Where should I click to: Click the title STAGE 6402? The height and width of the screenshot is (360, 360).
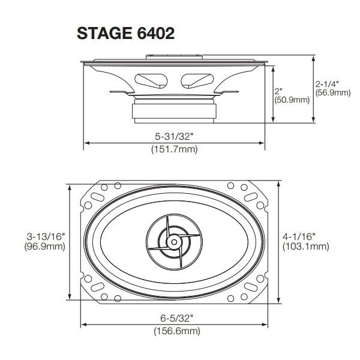pos(125,33)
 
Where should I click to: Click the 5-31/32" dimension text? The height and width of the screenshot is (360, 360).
pos(174,136)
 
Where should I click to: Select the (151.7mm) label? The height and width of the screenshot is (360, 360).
pos(174,149)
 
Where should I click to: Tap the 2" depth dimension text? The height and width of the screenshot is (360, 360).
pos(278,91)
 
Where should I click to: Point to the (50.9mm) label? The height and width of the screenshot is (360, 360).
pos(292,100)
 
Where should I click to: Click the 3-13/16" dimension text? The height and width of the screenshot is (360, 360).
pos(45,236)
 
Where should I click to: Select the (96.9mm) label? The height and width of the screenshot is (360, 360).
pos(45,247)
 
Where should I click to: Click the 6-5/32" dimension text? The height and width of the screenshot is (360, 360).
pos(174,318)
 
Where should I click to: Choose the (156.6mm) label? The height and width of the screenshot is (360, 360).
pos(174,331)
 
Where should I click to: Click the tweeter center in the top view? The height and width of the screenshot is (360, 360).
pos(173,242)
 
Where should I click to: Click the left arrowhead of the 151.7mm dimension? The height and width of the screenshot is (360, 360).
pos(86,143)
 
